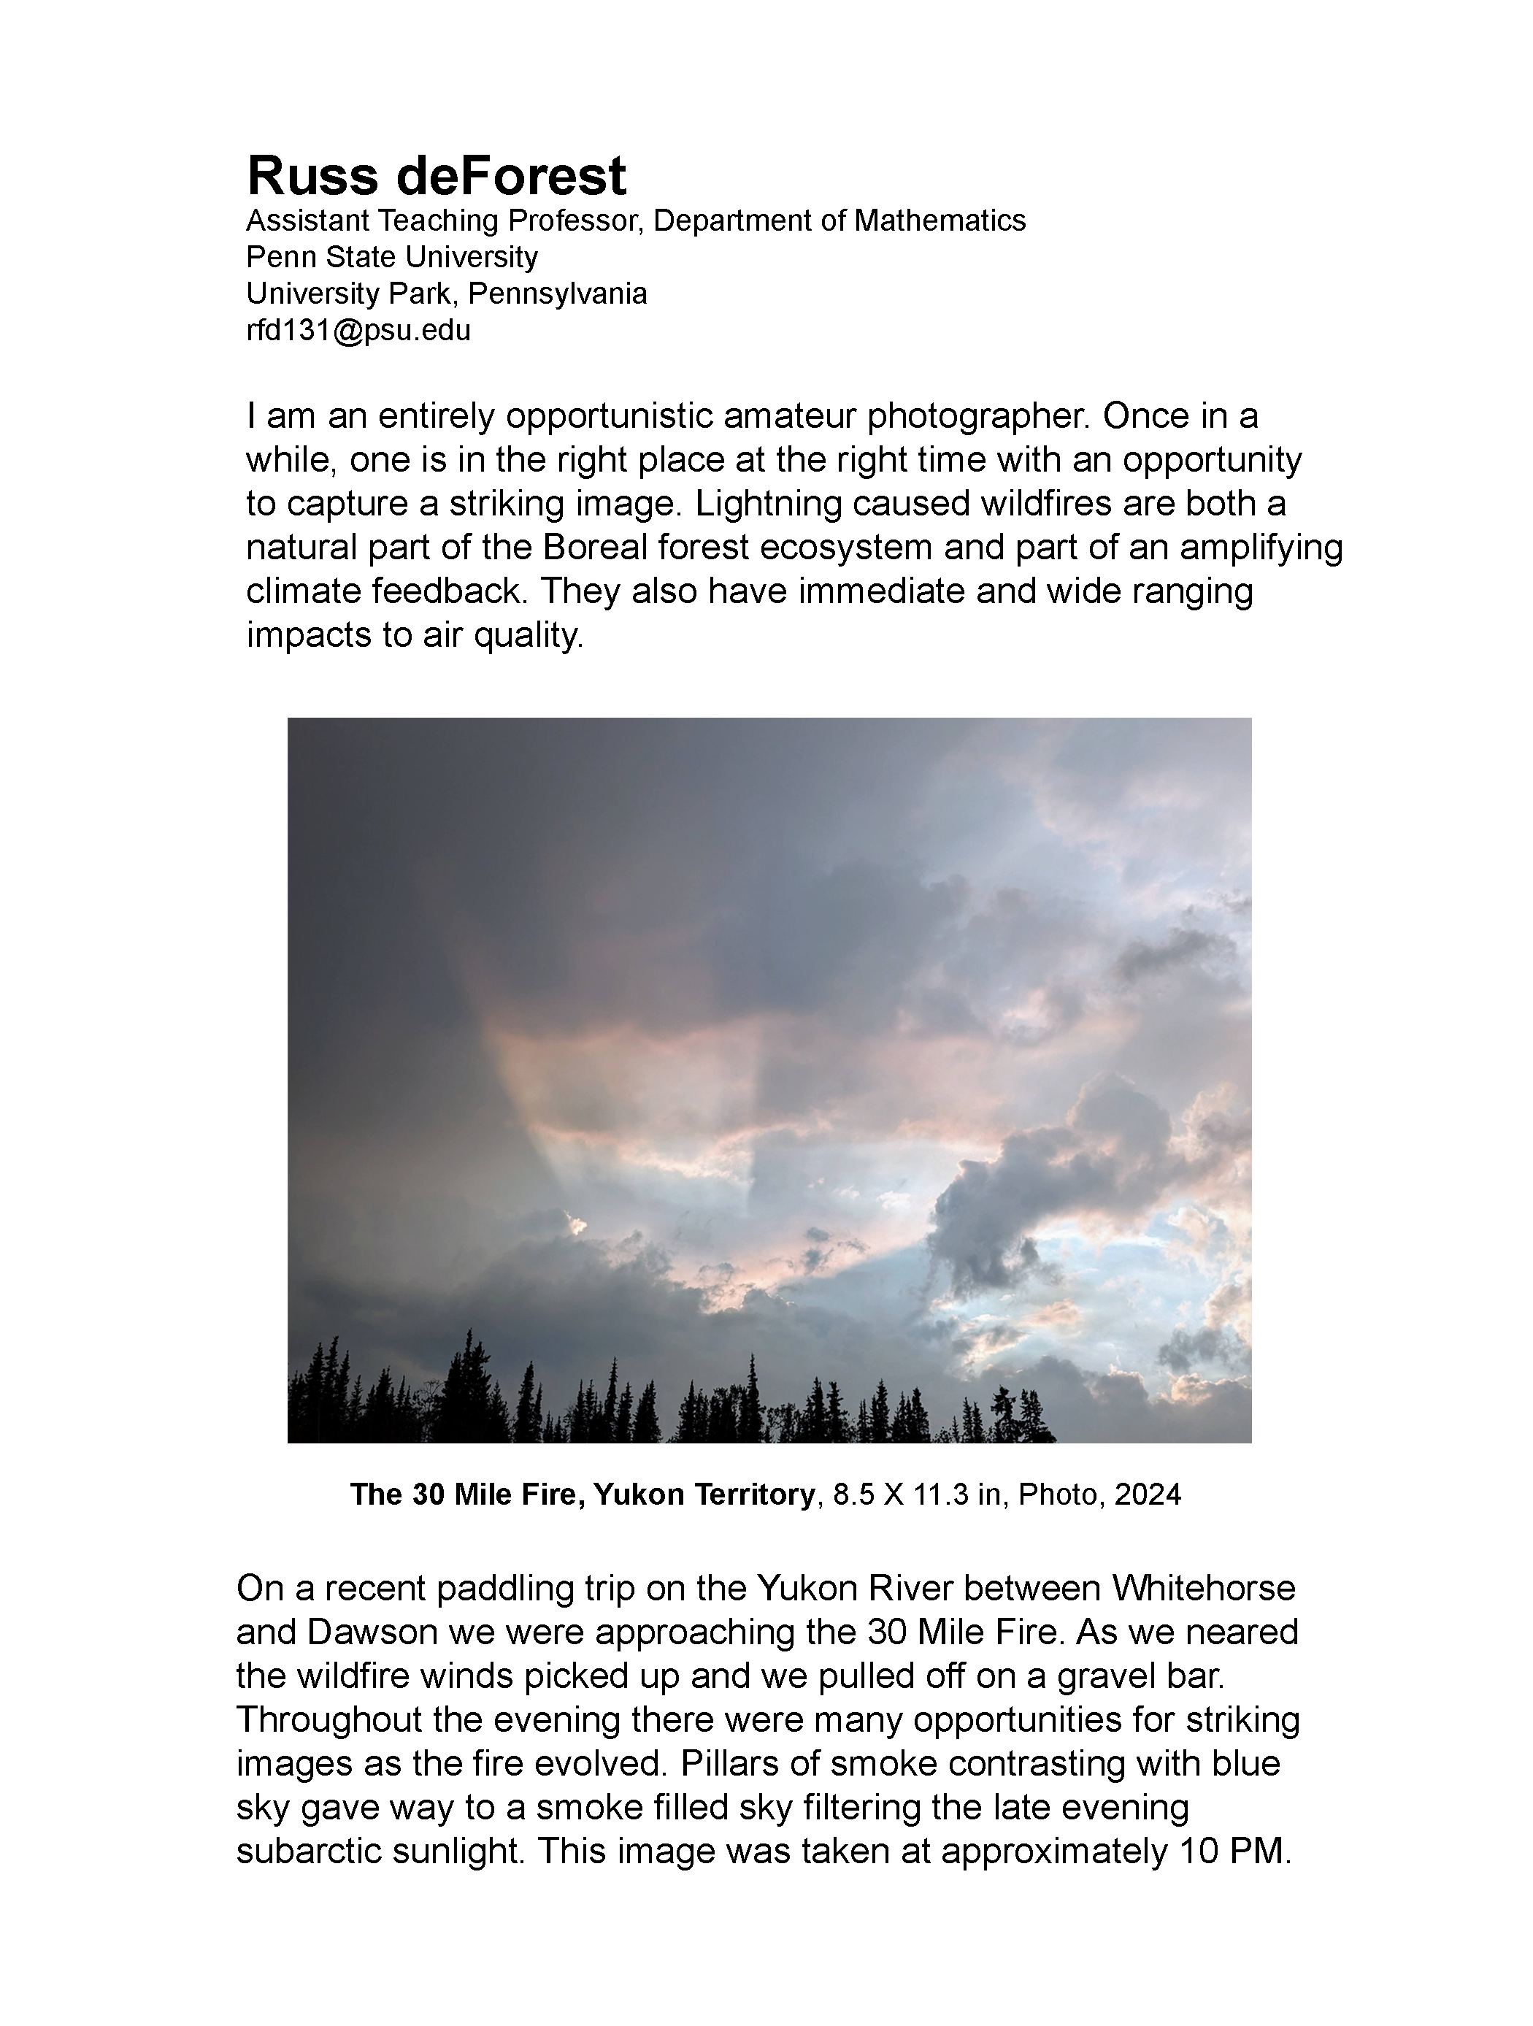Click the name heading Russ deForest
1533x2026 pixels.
436,176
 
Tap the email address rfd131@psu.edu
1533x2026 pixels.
358,331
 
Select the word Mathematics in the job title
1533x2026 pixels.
940,220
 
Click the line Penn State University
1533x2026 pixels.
392,258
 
